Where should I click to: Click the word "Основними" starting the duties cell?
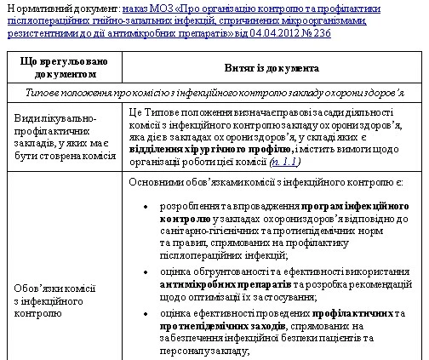(x=154, y=182)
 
